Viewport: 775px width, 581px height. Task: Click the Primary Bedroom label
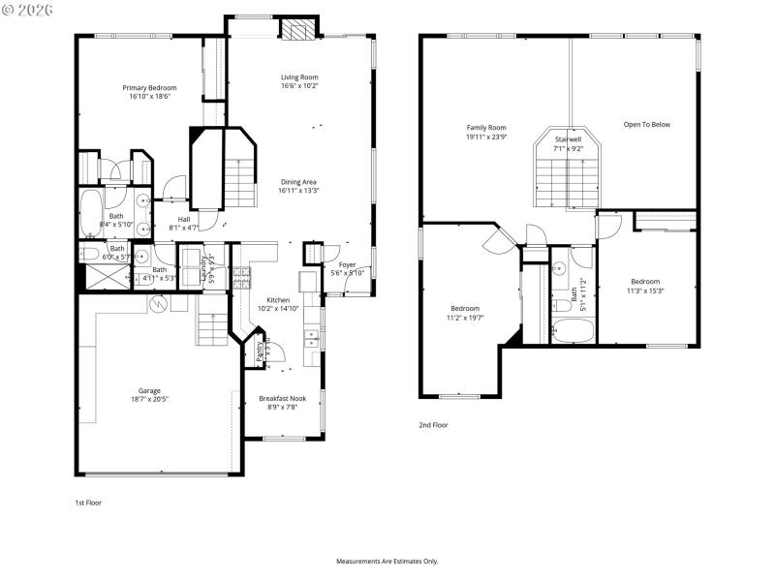pos(148,88)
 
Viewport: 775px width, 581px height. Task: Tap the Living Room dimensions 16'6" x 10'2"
pos(299,86)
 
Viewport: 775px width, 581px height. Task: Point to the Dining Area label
pos(299,182)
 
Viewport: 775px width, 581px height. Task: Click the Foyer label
pos(347,264)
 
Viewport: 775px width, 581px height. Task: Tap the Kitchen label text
pos(278,300)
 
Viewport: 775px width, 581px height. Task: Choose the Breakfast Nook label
pos(278,398)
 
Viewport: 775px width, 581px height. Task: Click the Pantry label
pos(260,351)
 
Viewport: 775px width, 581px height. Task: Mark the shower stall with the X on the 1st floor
pos(103,277)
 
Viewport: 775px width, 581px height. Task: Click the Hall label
pos(184,219)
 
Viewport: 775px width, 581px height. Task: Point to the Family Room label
pos(486,128)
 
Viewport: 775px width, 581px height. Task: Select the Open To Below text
pos(646,124)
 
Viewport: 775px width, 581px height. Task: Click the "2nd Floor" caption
pos(434,424)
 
